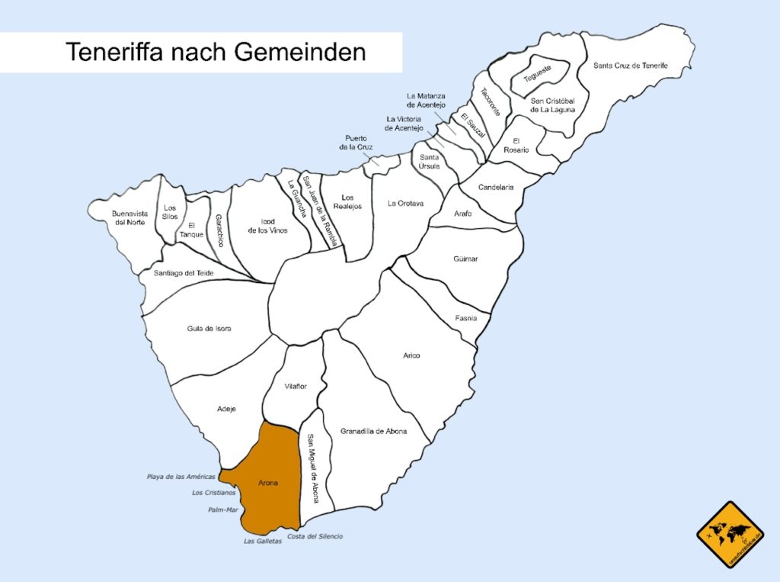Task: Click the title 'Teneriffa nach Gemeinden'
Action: pos(216,52)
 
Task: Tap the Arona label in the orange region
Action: pos(268,483)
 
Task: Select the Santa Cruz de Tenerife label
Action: pos(630,66)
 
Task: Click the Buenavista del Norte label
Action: pos(128,217)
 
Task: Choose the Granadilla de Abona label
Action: pos(373,431)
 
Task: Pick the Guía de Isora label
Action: pos(209,329)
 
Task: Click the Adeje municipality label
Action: pos(226,409)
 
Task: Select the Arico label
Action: pos(411,355)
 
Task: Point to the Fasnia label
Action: pos(466,318)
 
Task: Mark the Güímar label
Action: pos(465,259)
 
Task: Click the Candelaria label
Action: pos(496,188)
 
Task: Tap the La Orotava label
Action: pos(405,204)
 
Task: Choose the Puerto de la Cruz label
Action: pos(356,143)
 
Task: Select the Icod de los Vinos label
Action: pos(268,226)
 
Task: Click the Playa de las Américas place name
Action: pos(181,477)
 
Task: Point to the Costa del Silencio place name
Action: pos(315,536)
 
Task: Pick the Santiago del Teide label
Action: pos(184,273)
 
